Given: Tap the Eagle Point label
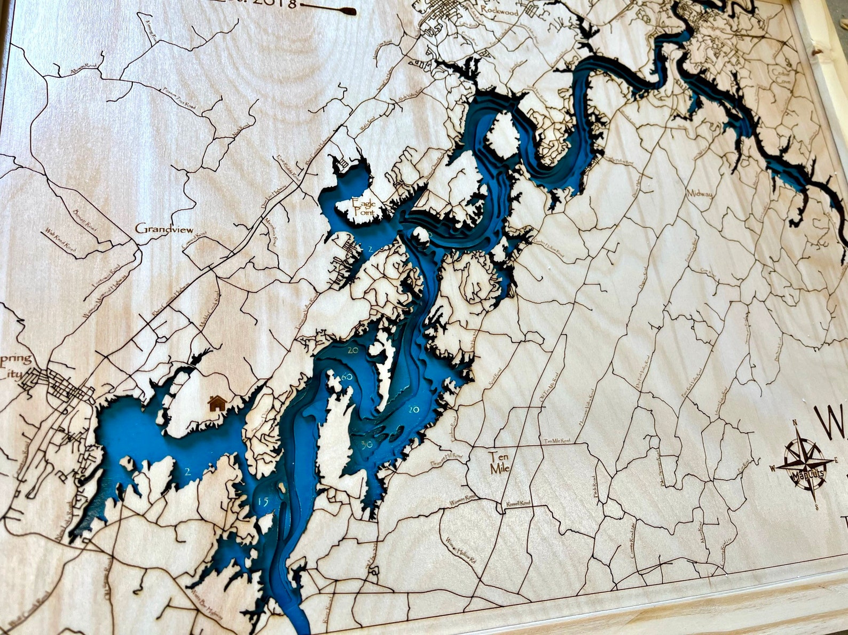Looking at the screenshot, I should coord(363,207).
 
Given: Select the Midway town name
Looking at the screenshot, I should coord(700,194).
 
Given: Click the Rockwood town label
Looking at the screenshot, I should coord(499,10).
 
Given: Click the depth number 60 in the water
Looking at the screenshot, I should coord(347,377).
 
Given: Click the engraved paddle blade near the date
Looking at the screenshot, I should coord(349,10).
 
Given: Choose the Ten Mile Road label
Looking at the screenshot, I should coord(557,441).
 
